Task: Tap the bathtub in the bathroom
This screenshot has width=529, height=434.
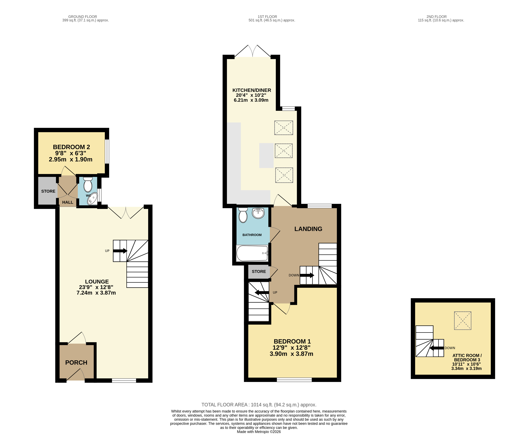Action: (x=252, y=253)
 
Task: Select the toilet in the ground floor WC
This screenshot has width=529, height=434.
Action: (x=88, y=185)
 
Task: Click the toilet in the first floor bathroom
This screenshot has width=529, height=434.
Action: (x=243, y=215)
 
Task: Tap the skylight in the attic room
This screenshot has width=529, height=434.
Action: (x=463, y=320)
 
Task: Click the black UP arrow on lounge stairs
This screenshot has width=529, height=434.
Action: (x=120, y=251)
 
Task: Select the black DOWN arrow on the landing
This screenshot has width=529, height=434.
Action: (x=307, y=275)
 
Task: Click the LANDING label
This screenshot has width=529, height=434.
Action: (x=308, y=229)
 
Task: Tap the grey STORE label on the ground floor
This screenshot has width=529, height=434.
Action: (x=48, y=191)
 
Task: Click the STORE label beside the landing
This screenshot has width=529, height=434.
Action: (x=259, y=272)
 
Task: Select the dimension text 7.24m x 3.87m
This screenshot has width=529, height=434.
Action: (x=96, y=293)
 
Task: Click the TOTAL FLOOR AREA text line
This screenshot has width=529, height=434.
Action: (x=259, y=404)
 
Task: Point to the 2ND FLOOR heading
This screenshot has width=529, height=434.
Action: (x=436, y=17)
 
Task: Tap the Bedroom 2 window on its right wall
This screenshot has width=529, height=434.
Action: (x=107, y=152)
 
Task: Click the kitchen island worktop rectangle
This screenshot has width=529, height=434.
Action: (x=266, y=155)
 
